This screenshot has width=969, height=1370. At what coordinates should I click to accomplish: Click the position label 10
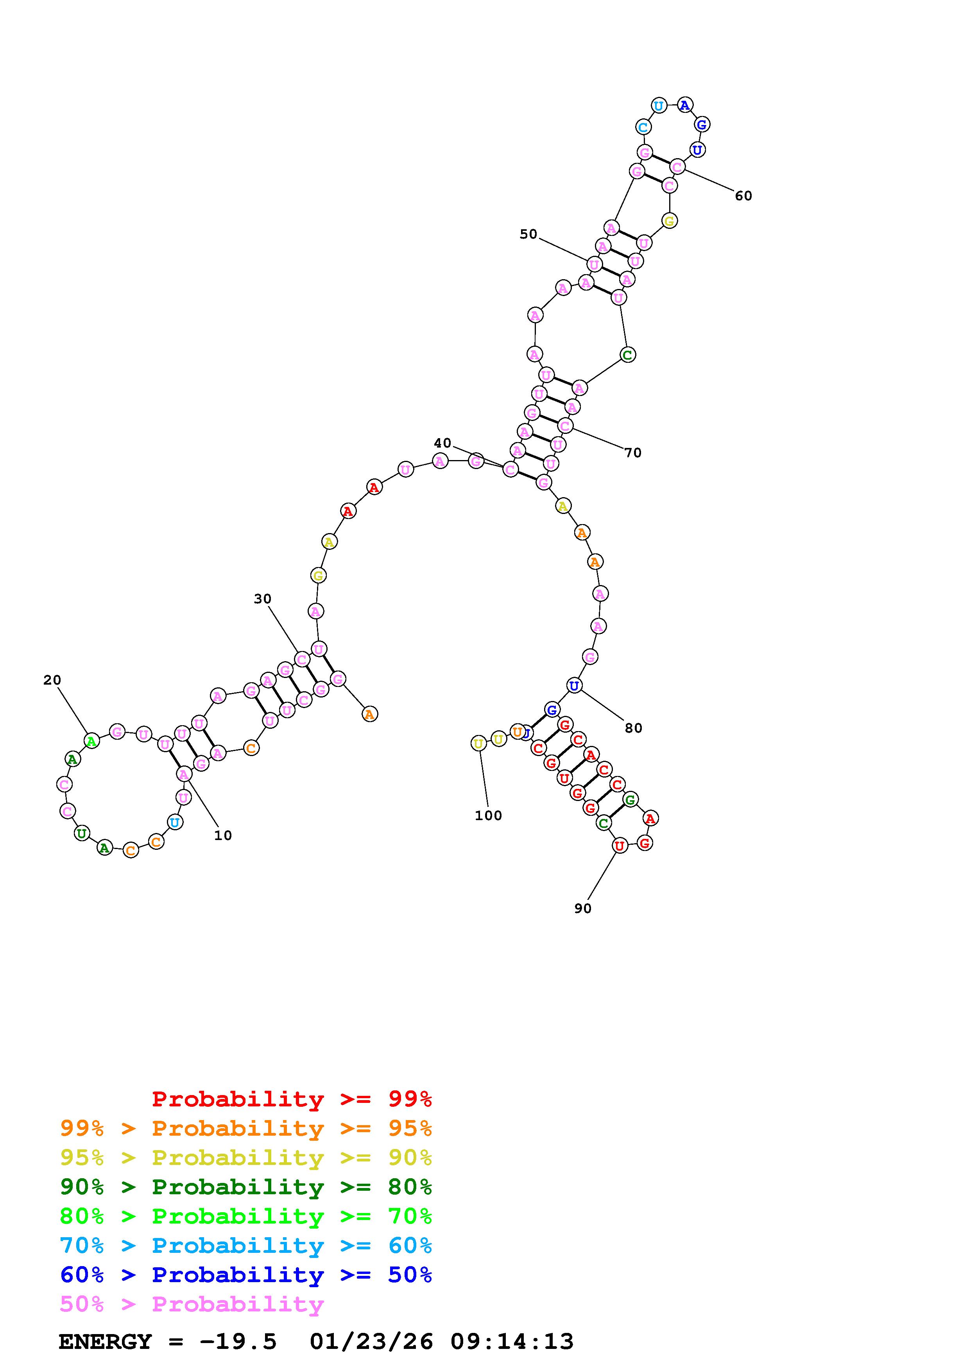[x=223, y=835]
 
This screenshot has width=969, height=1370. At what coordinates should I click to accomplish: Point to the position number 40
[x=442, y=443]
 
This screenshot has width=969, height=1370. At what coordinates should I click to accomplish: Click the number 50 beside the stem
[x=528, y=234]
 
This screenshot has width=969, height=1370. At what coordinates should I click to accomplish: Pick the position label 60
[x=743, y=196]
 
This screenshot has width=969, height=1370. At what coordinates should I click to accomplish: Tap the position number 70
[x=633, y=453]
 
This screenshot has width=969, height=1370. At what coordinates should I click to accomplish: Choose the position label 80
[x=634, y=728]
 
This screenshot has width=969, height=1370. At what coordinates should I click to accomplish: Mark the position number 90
[x=583, y=908]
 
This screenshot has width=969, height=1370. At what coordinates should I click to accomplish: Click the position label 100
[x=488, y=816]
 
